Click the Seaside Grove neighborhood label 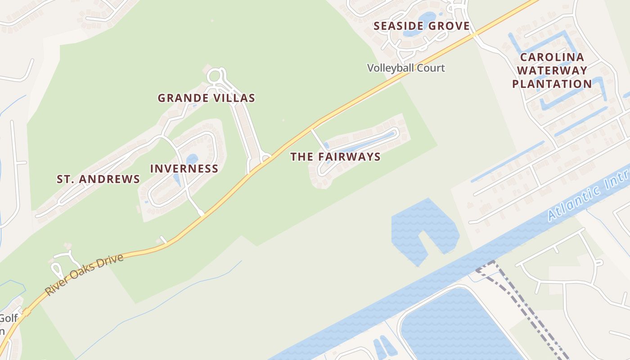(x=422, y=26)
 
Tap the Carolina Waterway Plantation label (x=552, y=71)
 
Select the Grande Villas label (x=206, y=98)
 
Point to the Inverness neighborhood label (x=184, y=169)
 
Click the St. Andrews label (x=98, y=179)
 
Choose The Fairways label (x=335, y=157)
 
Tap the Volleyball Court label (x=406, y=68)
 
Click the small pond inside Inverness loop (x=192, y=159)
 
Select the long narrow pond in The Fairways (x=360, y=144)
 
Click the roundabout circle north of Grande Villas (x=215, y=76)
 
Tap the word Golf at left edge (x=8, y=318)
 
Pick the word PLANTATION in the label (x=552, y=84)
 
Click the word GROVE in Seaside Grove (x=449, y=26)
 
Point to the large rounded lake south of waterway (x=454, y=324)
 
